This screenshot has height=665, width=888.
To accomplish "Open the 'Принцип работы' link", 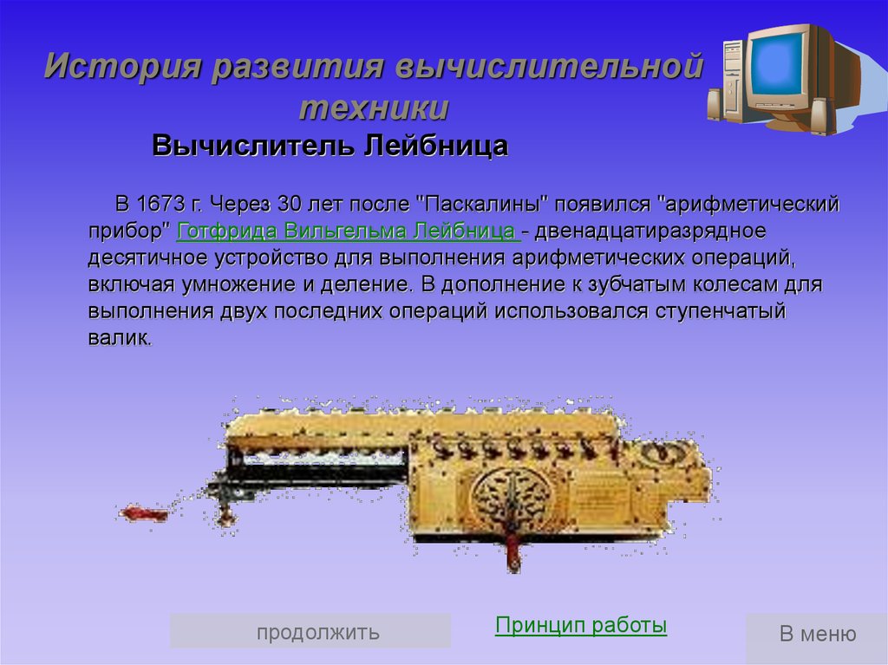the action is click(x=580, y=625).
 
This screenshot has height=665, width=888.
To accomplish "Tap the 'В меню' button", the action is click(x=817, y=633).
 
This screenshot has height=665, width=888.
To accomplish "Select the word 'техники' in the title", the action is click(x=374, y=108).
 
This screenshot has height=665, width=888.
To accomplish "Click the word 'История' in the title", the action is click(x=123, y=65).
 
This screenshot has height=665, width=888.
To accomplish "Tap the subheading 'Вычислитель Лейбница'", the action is click(x=330, y=146).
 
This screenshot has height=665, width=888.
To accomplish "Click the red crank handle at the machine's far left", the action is click(x=144, y=514).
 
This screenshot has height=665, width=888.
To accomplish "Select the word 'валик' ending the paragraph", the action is click(x=119, y=338).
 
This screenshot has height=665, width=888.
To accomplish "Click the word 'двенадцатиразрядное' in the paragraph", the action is click(x=650, y=231).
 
